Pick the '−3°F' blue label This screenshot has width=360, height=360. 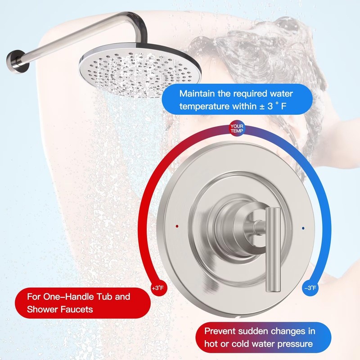[310, 288]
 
